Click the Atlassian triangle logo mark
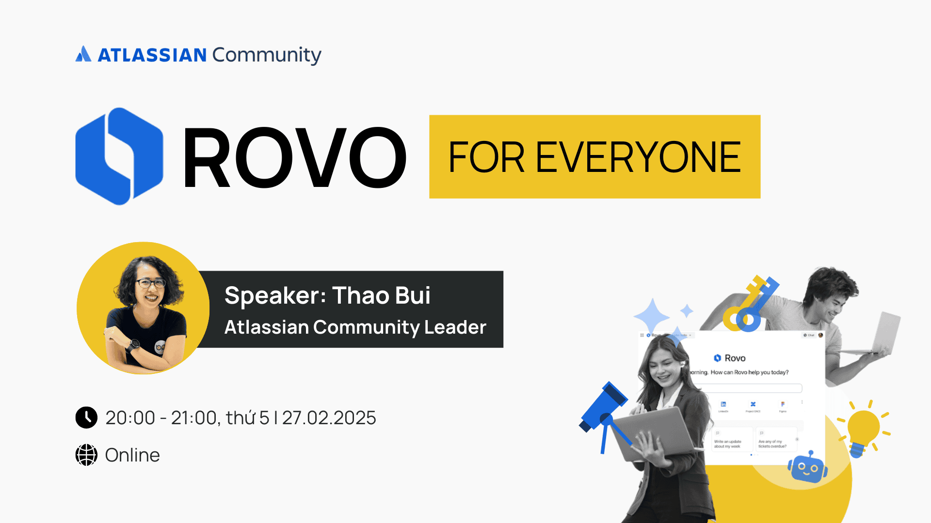click(83, 54)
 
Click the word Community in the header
click(266, 55)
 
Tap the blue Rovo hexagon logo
click(119, 156)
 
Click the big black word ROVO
click(294, 157)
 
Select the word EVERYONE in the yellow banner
click(638, 157)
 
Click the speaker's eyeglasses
click(150, 283)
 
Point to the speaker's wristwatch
click(133, 345)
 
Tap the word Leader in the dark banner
click(455, 327)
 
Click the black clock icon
click(86, 417)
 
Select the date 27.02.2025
click(329, 418)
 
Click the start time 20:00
click(130, 418)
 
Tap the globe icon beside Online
click(86, 455)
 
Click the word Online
click(132, 455)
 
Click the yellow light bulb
click(864, 429)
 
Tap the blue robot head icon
click(807, 468)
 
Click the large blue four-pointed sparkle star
click(652, 316)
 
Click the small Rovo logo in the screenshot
click(717, 358)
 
